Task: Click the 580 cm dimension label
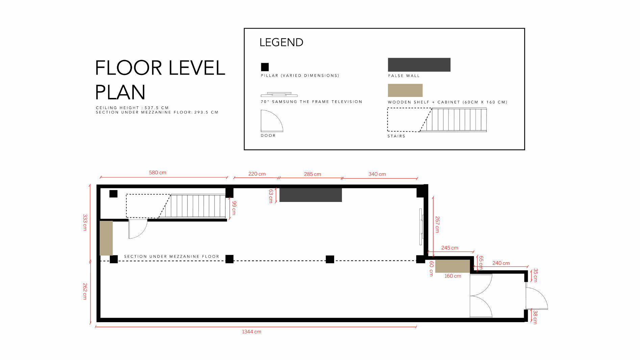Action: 157,173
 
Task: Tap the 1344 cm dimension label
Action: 251,332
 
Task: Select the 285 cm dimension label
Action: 313,174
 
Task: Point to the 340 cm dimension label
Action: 377,174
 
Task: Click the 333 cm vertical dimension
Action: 85,223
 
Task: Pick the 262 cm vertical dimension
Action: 85,291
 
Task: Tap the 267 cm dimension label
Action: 437,225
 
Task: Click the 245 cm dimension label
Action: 450,248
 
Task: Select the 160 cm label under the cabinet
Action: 453,276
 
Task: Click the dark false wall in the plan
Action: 311,195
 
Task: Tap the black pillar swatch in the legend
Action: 265,67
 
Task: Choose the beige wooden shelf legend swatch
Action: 405,90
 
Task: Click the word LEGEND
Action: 281,43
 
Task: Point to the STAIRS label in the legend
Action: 396,136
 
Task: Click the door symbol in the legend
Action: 272,121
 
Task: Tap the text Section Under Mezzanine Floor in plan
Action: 171,257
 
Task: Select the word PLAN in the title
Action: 120,92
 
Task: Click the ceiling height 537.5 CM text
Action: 132,108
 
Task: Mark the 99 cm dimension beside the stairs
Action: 234,208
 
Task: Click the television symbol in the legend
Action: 279,95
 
